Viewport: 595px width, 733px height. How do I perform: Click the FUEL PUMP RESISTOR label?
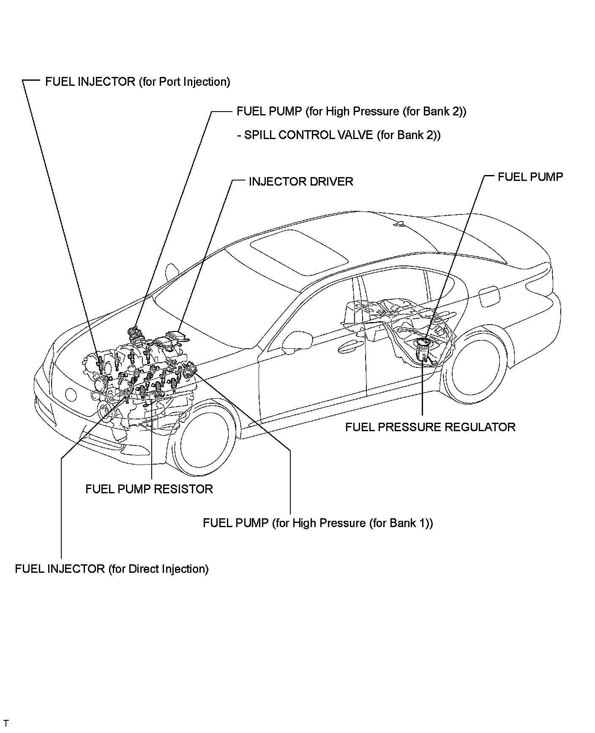pyautogui.click(x=149, y=489)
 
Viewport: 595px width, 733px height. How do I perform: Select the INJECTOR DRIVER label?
pyautogui.click(x=300, y=182)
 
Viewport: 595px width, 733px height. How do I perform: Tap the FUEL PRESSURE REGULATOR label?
pyautogui.click(x=430, y=427)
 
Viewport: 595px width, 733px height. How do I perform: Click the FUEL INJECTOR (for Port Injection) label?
pyautogui.click(x=137, y=82)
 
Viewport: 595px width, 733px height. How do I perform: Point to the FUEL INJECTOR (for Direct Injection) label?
pyautogui.click(x=112, y=569)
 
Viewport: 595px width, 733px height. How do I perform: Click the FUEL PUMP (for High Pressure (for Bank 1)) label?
pyautogui.click(x=318, y=523)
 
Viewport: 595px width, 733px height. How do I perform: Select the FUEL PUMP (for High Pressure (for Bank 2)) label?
pyautogui.click(x=351, y=112)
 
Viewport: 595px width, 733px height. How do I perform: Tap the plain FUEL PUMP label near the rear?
pyautogui.click(x=530, y=177)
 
